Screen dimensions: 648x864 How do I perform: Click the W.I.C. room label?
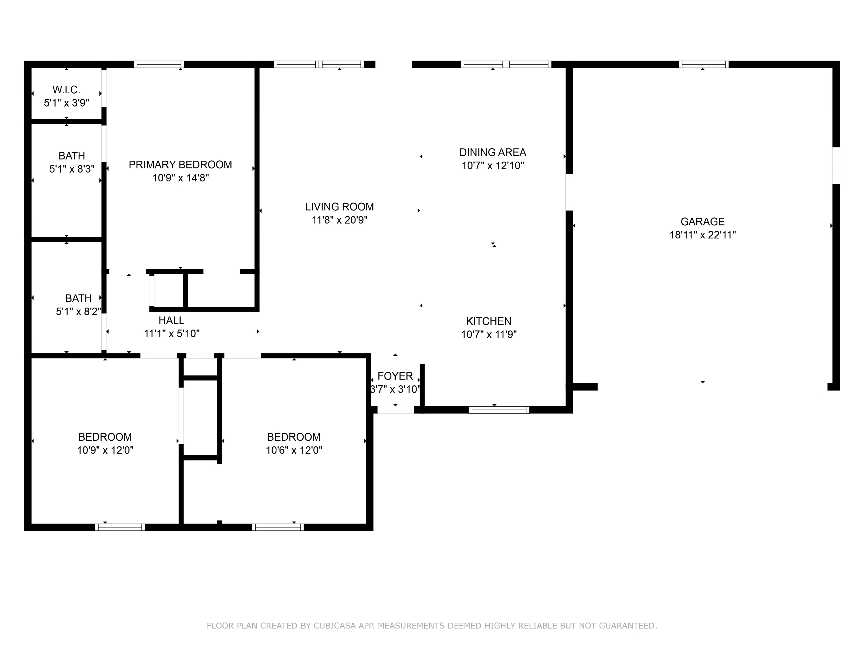coord(67,90)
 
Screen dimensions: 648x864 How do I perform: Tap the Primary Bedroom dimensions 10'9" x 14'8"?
coord(181,178)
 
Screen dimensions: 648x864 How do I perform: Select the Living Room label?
coord(340,206)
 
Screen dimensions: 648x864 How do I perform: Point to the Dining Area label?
coord(492,152)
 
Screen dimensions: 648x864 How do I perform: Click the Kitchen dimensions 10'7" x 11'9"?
coord(489,334)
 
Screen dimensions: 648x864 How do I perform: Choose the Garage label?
coord(702,221)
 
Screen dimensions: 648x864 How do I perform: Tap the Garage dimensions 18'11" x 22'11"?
coord(702,235)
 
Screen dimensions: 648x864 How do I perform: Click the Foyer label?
coord(395,376)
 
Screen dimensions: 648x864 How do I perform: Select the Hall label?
coord(171,320)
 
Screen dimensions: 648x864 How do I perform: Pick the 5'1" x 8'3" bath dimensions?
coord(72,169)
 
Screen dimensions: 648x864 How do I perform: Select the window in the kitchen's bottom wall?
coord(499,410)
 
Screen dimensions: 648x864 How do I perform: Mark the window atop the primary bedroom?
coord(159,65)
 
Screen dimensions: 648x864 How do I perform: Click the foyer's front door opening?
coord(395,410)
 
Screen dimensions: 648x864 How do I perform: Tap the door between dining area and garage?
coord(569,192)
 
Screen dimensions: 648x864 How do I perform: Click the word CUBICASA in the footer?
coord(334,626)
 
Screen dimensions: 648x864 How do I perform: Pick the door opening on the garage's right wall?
coord(835,165)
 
